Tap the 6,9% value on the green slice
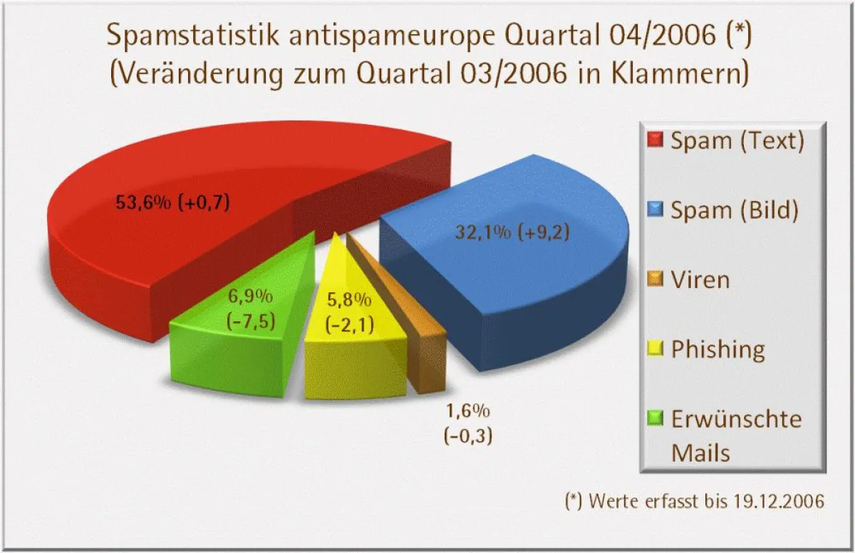coord(249,295)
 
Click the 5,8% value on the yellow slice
coord(348,299)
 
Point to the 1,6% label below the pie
coord(468,411)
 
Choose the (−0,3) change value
coord(468,435)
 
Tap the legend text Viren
coord(700,279)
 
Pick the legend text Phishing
coord(718,350)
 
